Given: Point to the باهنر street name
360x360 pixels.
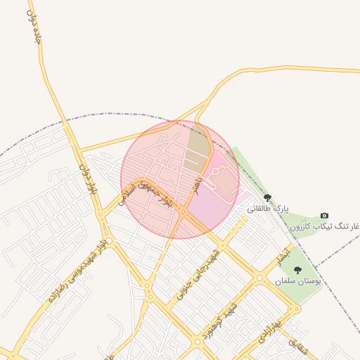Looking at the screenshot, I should coord(200,186).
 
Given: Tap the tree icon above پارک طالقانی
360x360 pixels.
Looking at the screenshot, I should coord(267,198).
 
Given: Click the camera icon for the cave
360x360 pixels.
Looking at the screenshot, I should coord(324,215).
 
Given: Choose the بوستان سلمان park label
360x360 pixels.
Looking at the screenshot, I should coord(298,281).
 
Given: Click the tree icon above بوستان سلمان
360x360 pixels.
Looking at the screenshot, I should coord(297,270).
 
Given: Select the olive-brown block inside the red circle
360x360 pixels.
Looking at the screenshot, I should coord(198,144).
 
